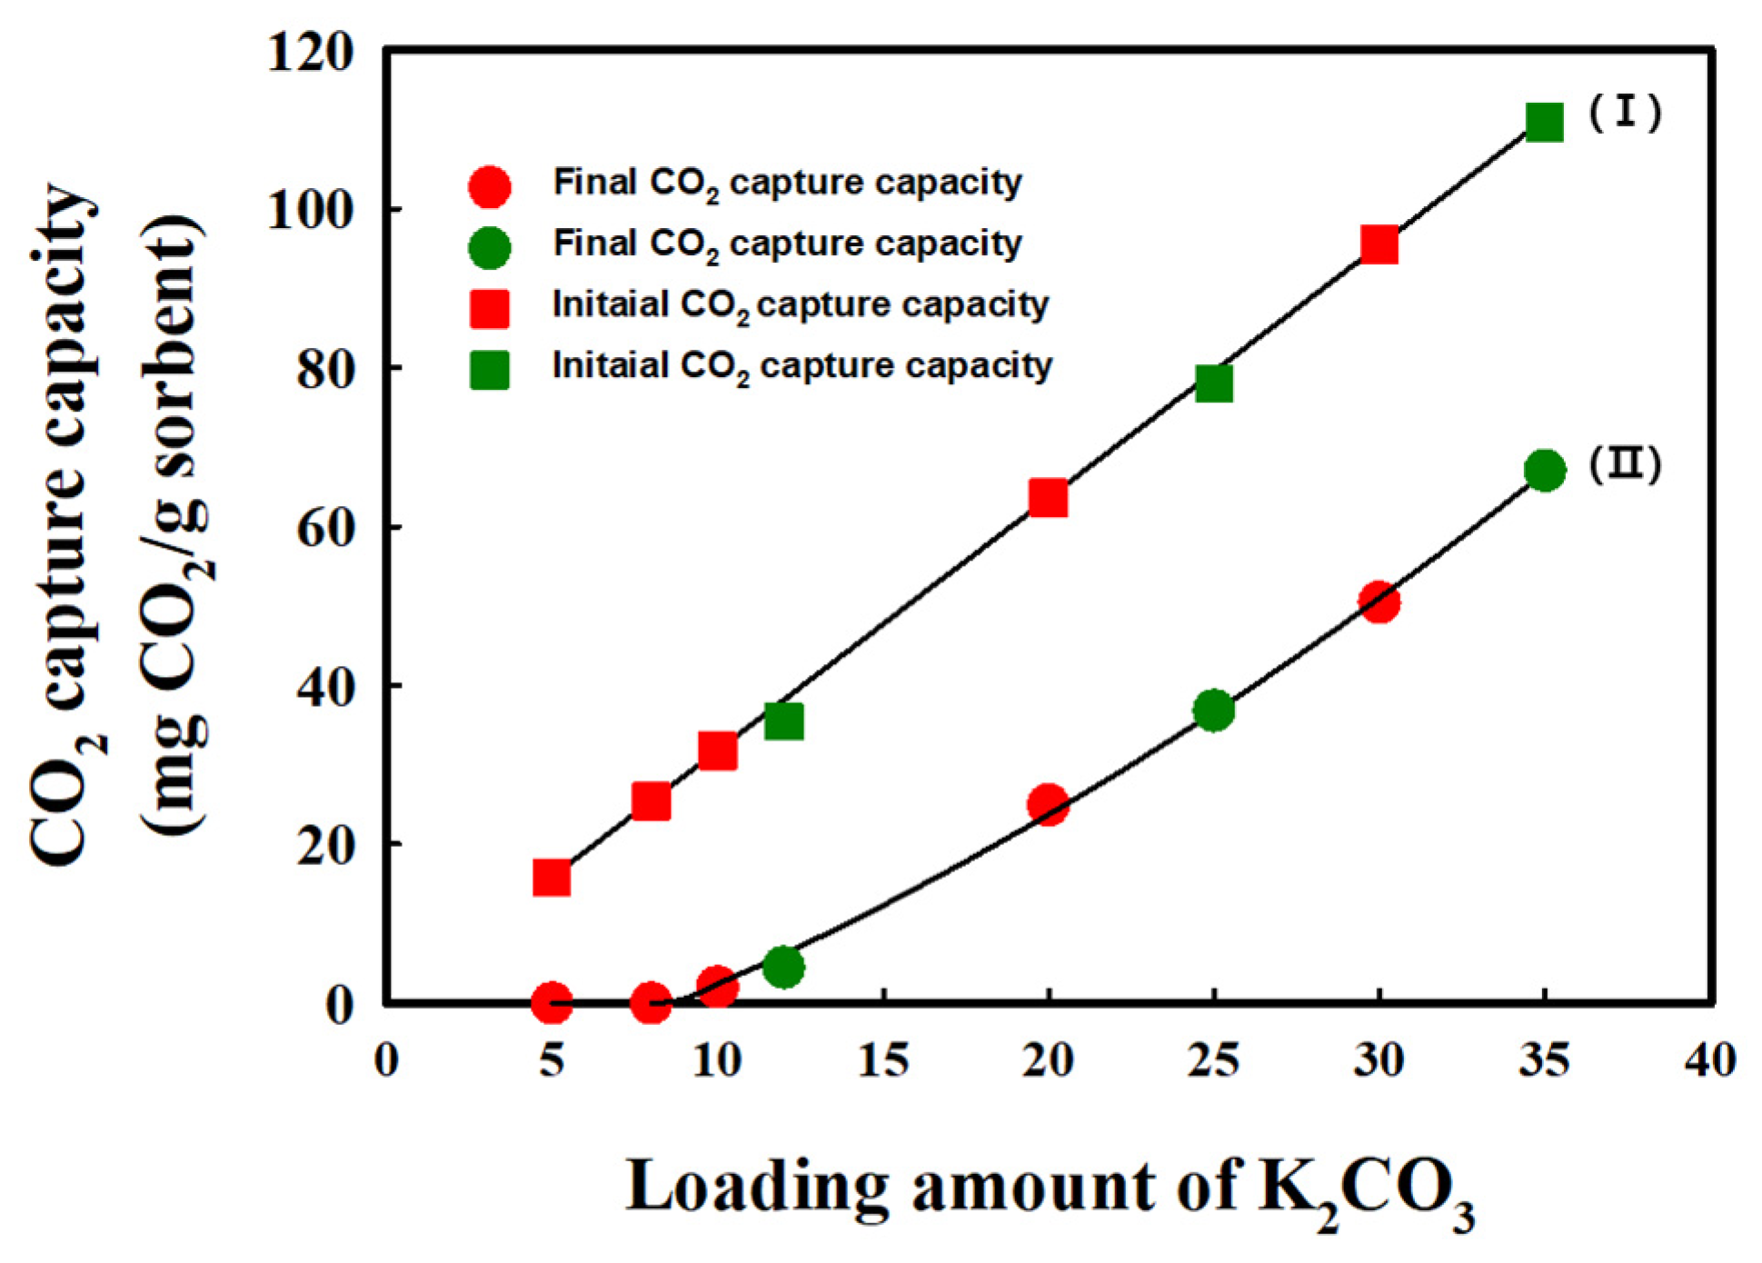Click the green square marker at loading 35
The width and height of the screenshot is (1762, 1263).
(1545, 122)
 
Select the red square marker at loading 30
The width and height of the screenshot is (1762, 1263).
(1379, 244)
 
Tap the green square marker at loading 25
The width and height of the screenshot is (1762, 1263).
(1214, 383)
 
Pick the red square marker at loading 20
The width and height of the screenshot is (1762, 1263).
(1048, 498)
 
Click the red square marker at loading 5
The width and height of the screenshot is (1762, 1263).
(552, 878)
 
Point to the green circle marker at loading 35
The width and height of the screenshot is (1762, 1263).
(1545, 471)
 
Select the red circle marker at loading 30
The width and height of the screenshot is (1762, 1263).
(1379, 602)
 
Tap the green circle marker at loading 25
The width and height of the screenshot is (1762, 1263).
(1214, 710)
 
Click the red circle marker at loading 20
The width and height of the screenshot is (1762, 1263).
(1048, 805)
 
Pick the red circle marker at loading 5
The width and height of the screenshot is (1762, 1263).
(552, 1003)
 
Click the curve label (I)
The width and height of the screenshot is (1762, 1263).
(1625, 114)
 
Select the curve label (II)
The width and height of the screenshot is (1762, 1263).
(1625, 464)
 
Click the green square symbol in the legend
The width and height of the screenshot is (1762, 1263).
(489, 369)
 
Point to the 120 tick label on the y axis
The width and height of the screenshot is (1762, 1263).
(309, 53)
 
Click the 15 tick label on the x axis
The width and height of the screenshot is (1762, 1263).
(882, 1059)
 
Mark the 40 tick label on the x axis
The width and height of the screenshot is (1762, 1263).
(1710, 1059)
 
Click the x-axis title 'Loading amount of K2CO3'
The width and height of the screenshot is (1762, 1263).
(1050, 1190)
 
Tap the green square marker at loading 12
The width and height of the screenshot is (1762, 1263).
(783, 721)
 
